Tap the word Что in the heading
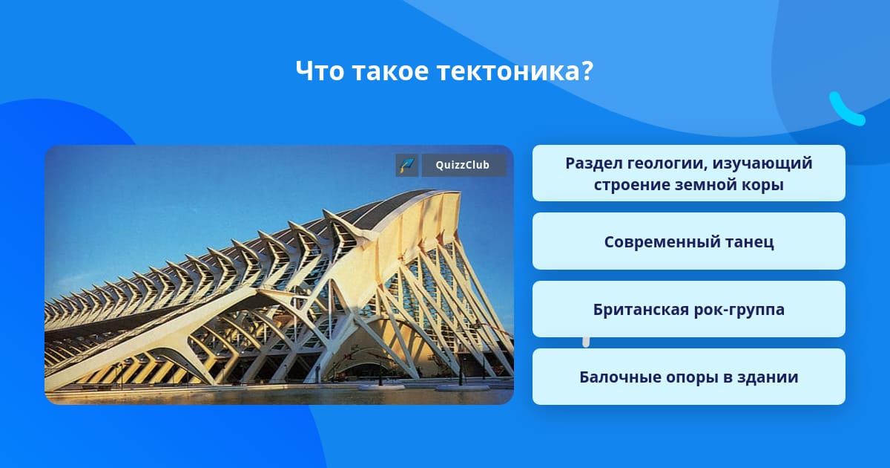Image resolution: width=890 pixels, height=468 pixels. pyautogui.click(x=320, y=71)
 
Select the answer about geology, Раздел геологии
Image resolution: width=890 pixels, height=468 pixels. pyautogui.click(x=688, y=173)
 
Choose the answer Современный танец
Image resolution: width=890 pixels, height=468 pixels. pyautogui.click(x=688, y=241)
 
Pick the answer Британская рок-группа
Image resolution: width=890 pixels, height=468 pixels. pyautogui.click(x=688, y=309)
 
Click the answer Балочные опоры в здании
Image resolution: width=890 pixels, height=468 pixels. pyautogui.click(x=688, y=377)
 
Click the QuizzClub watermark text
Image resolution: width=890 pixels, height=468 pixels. pyautogui.click(x=463, y=165)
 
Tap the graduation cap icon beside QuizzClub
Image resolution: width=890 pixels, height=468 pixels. pyautogui.click(x=407, y=165)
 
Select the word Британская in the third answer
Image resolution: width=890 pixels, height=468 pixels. pyautogui.click(x=641, y=309)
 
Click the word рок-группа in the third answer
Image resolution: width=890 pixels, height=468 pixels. pyautogui.click(x=739, y=310)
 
